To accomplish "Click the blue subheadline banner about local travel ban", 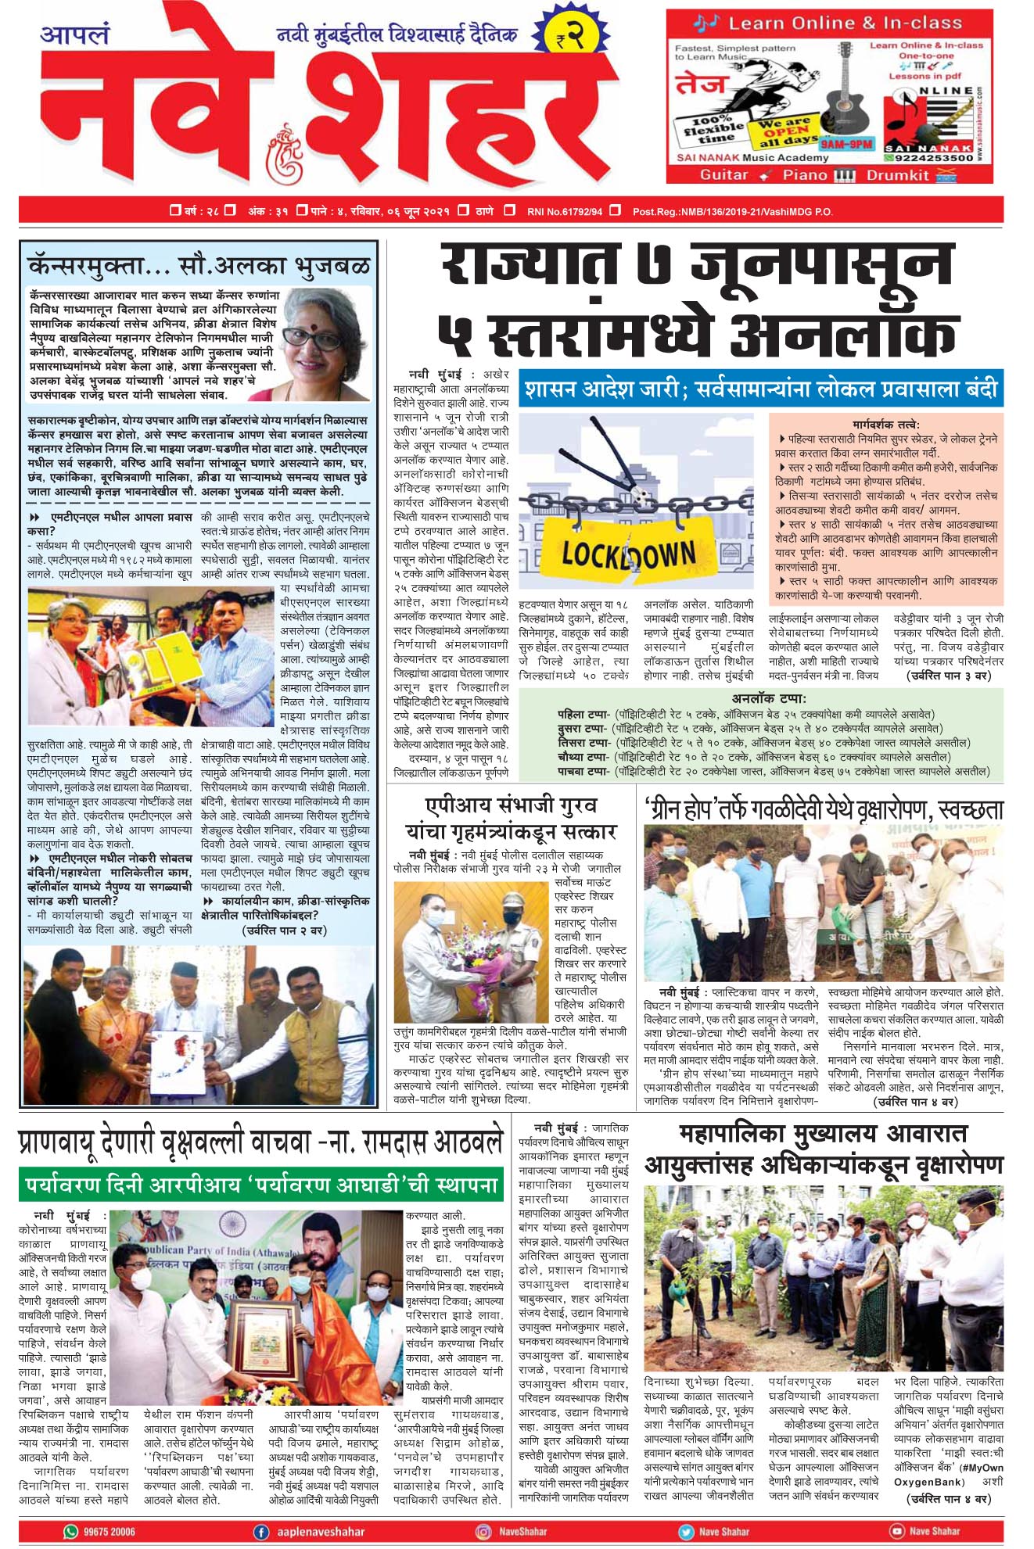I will pyautogui.click(x=761, y=389).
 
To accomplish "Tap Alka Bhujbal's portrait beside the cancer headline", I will pyautogui.click(x=322, y=341).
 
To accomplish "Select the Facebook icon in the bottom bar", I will pyautogui.click(x=261, y=1531).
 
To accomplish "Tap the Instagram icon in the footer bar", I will pyautogui.click(x=484, y=1531).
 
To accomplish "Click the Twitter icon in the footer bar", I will pyautogui.click(x=686, y=1531).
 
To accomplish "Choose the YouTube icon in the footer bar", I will pyautogui.click(x=897, y=1531).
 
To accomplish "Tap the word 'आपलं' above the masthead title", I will pyautogui.click(x=75, y=35).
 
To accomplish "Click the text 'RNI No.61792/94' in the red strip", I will pyautogui.click(x=565, y=211).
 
